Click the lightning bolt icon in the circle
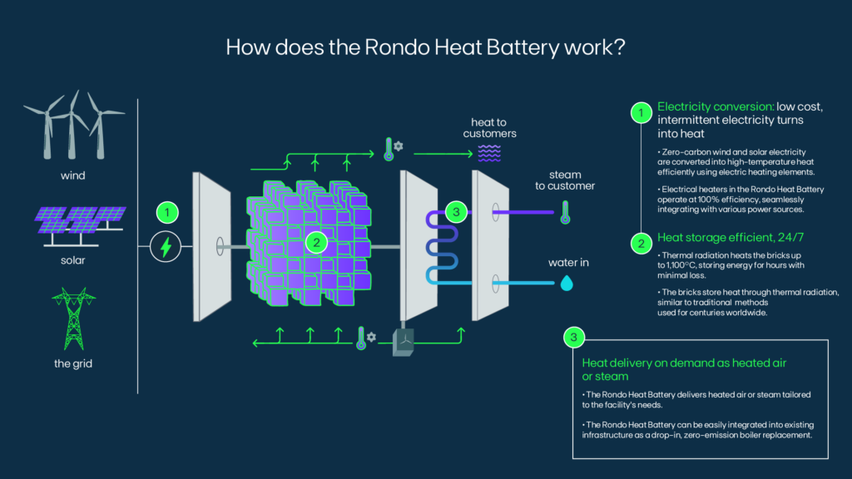pyautogui.click(x=166, y=246)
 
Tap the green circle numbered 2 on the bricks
pyautogui.click(x=316, y=242)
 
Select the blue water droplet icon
pyautogui.click(x=567, y=283)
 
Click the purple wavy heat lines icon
pyautogui.click(x=489, y=153)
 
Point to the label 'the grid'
pyautogui.click(x=73, y=363)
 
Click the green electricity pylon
pyautogui.click(x=73, y=319)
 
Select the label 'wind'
pyautogui.click(x=73, y=175)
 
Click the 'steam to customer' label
pyautogui.click(x=565, y=180)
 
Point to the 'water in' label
pyautogui.click(x=568, y=263)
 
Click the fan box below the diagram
pyautogui.click(x=404, y=342)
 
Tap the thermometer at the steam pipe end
pyautogui.click(x=565, y=212)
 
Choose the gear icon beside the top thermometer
pyautogui.click(x=399, y=146)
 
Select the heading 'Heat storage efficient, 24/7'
pyautogui.click(x=731, y=237)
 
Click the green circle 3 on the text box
pyautogui.click(x=574, y=338)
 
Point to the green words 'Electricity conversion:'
pyautogui.click(x=716, y=106)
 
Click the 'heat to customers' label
pyautogui.click(x=489, y=127)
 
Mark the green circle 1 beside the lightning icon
pyautogui.click(x=167, y=212)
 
